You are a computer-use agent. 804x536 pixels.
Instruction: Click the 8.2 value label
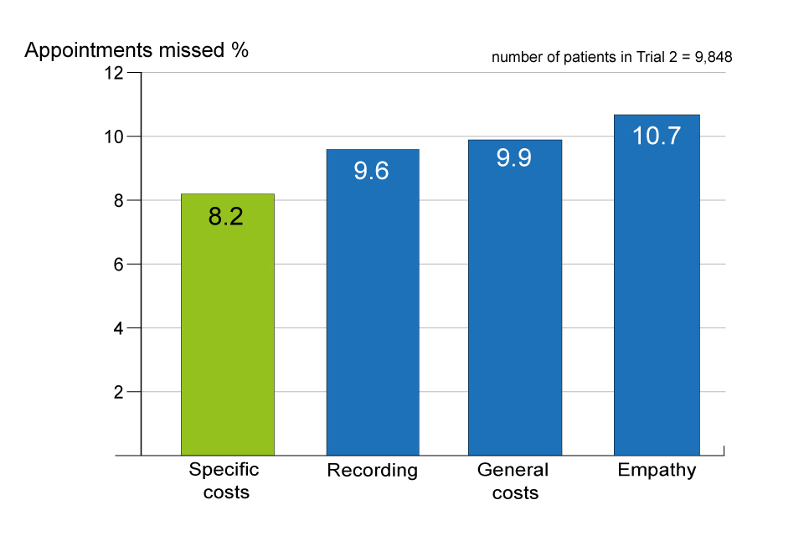click(x=225, y=217)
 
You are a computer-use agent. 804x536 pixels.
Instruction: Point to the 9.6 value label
click(x=371, y=172)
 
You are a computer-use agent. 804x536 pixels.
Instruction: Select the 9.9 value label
click(x=513, y=158)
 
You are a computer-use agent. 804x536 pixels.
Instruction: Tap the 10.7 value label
click(x=656, y=136)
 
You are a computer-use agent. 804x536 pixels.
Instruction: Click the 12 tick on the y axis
click(x=113, y=73)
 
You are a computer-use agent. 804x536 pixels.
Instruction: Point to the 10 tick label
click(x=113, y=137)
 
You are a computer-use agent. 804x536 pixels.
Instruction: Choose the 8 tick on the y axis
click(x=118, y=200)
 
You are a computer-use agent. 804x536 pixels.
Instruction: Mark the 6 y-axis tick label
click(x=118, y=265)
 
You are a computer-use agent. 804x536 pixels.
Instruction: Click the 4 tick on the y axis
click(x=118, y=328)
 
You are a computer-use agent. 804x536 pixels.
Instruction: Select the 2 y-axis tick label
click(x=118, y=392)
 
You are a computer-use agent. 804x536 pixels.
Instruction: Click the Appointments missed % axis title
click(x=137, y=49)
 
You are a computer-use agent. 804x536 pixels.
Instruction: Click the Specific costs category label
click(x=224, y=480)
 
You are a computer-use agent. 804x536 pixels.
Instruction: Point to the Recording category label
click(x=372, y=471)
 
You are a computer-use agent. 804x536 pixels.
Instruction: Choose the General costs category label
click(x=513, y=481)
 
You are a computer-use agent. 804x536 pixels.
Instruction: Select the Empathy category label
click(x=657, y=470)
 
